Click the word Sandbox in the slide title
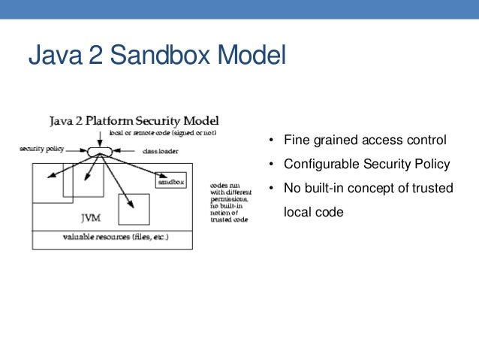point(134,57)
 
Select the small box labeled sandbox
point(170,181)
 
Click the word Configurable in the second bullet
point(314,164)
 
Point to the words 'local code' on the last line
point(312,212)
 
